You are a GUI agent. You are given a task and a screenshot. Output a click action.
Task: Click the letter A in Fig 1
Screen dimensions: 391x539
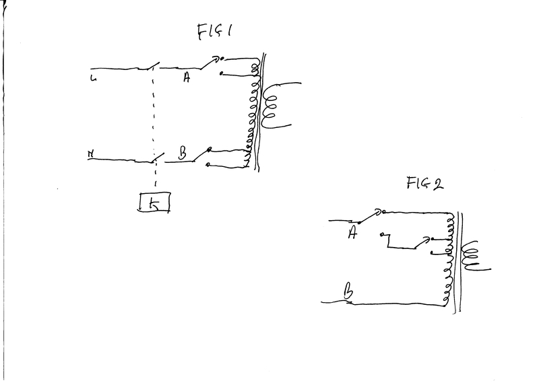(187, 78)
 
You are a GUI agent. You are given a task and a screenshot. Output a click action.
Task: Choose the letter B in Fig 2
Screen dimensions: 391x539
(348, 291)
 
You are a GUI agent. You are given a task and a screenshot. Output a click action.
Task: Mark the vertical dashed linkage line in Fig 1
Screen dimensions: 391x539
(156, 114)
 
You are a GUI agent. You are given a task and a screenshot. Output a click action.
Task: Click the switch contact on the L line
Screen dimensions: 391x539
(151, 67)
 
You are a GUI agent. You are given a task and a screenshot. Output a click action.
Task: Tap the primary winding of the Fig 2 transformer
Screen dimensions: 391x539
(447, 262)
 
